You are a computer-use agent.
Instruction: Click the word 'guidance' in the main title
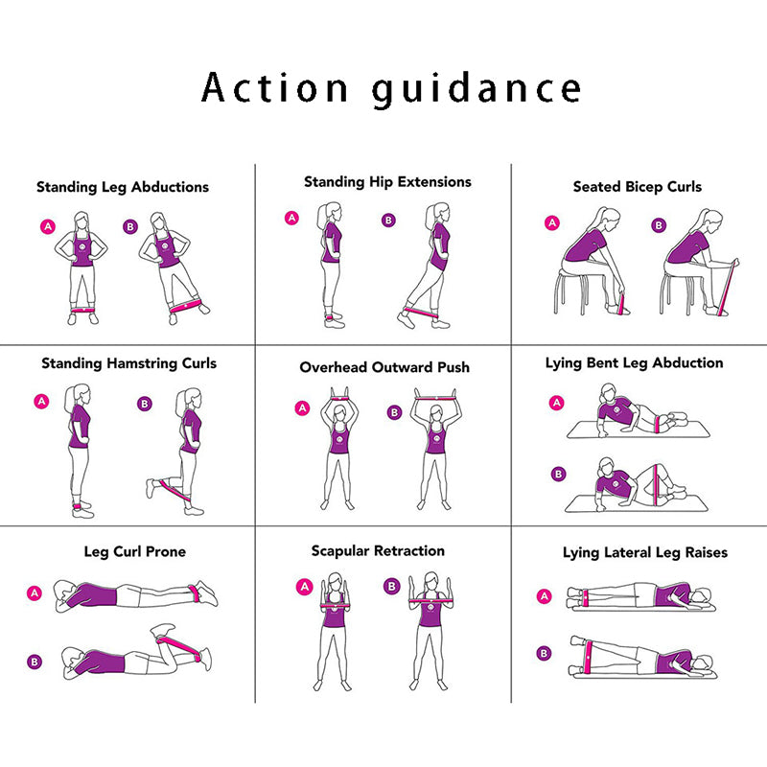(x=476, y=89)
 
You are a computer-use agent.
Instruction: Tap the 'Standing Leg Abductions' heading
(x=123, y=187)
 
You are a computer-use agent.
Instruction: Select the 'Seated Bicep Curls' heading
(x=638, y=187)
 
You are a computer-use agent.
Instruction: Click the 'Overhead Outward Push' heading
(x=384, y=367)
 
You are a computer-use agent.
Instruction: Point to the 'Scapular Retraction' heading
(x=378, y=551)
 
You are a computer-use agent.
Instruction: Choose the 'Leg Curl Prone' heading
(x=135, y=552)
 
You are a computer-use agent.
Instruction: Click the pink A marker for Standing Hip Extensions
(x=292, y=218)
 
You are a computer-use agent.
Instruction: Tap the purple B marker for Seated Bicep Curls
(x=659, y=225)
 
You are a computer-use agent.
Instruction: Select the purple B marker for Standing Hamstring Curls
(x=145, y=404)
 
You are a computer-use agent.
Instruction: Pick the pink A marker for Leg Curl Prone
(x=35, y=593)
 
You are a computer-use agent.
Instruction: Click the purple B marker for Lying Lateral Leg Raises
(x=544, y=654)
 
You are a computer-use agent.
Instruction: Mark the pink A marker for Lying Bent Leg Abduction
(x=557, y=403)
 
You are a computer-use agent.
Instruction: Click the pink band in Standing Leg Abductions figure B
(x=186, y=307)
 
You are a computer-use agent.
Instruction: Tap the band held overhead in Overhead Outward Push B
(x=435, y=398)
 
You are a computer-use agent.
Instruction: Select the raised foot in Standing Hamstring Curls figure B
(x=151, y=488)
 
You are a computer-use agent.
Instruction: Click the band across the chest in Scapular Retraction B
(x=430, y=600)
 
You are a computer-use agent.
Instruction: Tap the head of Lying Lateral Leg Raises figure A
(x=701, y=596)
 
